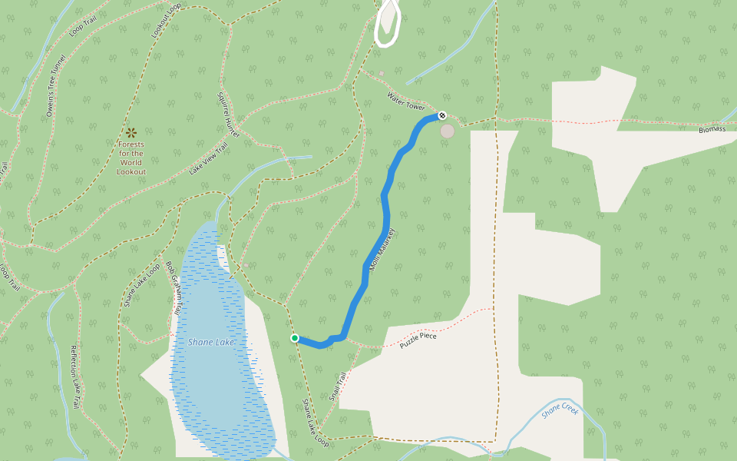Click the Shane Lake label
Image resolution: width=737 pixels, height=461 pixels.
[210, 342]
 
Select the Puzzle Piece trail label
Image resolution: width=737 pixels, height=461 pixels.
[418, 340]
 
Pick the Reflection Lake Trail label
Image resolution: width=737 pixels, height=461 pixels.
[75, 376]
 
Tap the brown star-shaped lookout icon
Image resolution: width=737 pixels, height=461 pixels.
[131, 133]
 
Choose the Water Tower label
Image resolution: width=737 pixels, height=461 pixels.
[406, 101]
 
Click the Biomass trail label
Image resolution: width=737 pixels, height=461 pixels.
[712, 129]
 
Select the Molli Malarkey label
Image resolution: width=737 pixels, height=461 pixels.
[382, 250]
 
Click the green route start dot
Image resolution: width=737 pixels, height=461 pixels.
[294, 338]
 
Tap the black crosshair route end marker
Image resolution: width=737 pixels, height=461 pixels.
[442, 115]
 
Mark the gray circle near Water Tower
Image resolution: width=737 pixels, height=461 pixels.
[447, 131]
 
